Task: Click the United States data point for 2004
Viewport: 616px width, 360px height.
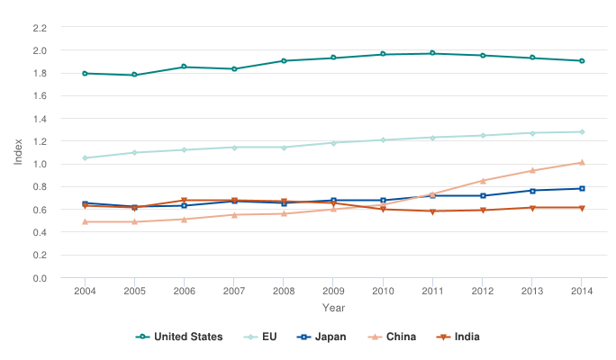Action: pyautogui.click(x=85, y=73)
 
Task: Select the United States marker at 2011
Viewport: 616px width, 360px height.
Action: pyautogui.click(x=432, y=53)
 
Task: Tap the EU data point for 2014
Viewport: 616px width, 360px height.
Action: pyautogui.click(x=582, y=132)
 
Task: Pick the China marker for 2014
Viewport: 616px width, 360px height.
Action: pyautogui.click(x=582, y=163)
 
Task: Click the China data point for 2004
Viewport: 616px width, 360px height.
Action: pyautogui.click(x=85, y=221)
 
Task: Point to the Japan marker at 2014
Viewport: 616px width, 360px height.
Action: pyautogui.click(x=582, y=189)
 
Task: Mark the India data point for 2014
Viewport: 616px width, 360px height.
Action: pyautogui.click(x=582, y=208)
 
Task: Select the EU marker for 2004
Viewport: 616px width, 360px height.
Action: pyautogui.click(x=85, y=158)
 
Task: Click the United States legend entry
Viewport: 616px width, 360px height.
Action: pyautogui.click(x=179, y=337)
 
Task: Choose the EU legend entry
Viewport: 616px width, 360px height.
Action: pyautogui.click(x=261, y=337)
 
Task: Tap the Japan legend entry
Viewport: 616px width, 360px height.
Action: pyautogui.click(x=322, y=337)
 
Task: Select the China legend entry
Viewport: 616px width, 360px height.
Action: pyautogui.click(x=393, y=337)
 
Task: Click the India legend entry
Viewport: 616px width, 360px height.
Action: pyautogui.click(x=459, y=337)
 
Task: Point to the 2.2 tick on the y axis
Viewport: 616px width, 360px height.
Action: pyautogui.click(x=40, y=28)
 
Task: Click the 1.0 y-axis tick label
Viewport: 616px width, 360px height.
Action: pyautogui.click(x=40, y=165)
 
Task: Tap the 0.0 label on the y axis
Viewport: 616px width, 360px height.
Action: pyautogui.click(x=40, y=278)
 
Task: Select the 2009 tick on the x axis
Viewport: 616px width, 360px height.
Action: pyautogui.click(x=333, y=291)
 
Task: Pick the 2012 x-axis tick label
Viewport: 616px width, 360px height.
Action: pyautogui.click(x=482, y=291)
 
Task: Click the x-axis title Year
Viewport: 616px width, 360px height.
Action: pyautogui.click(x=333, y=309)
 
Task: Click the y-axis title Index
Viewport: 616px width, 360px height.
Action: pyautogui.click(x=18, y=152)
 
